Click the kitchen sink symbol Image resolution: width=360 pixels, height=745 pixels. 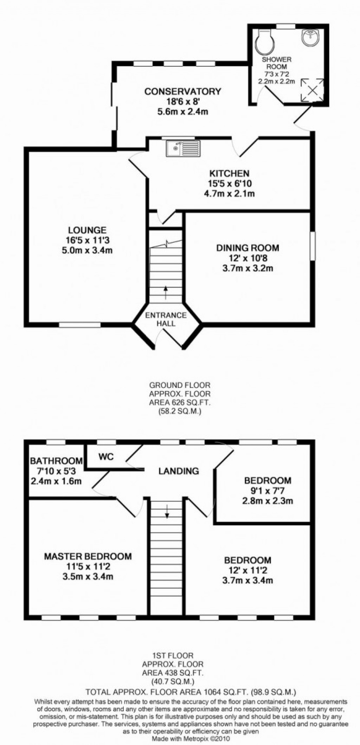183,148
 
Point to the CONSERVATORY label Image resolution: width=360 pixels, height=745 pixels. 183,92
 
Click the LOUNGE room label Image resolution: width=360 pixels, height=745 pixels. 87,231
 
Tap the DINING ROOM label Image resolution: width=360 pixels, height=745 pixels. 247,248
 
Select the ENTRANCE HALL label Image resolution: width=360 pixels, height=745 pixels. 166,319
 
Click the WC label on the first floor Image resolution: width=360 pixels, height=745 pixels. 106,457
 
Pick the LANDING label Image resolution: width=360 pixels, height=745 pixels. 179,471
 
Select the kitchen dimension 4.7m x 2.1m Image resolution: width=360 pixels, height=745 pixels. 229,193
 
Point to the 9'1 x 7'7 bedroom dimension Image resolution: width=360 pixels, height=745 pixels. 268,491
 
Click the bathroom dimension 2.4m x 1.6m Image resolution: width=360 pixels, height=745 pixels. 56,481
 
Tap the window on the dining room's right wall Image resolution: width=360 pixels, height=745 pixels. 313,246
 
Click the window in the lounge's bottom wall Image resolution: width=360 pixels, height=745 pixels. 80,325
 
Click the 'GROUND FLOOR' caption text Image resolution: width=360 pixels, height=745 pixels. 180,385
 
